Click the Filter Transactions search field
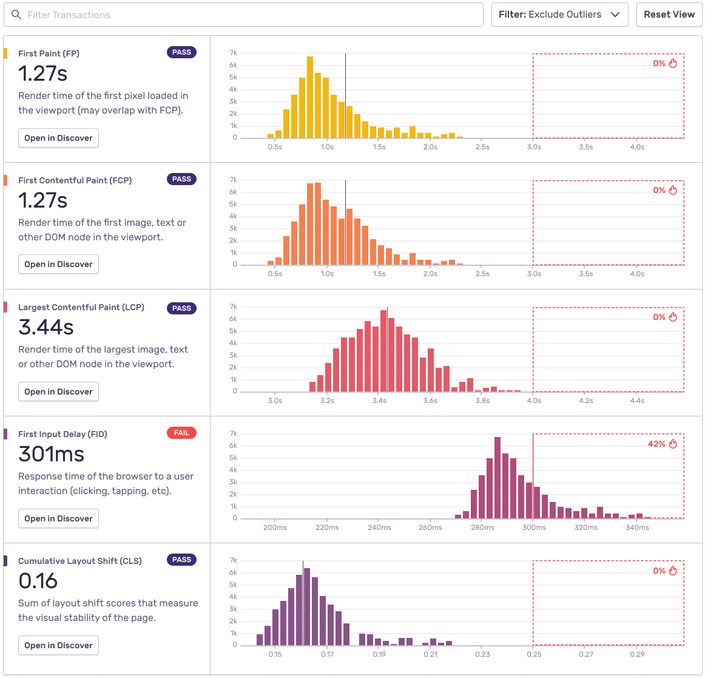243,15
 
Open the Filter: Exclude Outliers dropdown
559,15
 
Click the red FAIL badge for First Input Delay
181,433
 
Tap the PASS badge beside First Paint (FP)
181,52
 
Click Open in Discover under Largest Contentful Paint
58,392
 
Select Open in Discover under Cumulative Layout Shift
58,645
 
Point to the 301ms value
52,454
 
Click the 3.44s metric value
46,327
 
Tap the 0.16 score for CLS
38,581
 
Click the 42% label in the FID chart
656,444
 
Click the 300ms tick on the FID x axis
534,527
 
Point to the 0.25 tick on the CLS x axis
534,654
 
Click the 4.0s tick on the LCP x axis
534,401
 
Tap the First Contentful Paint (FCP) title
75,180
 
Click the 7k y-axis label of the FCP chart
233,180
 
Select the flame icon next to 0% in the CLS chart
673,571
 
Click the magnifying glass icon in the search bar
16,15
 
